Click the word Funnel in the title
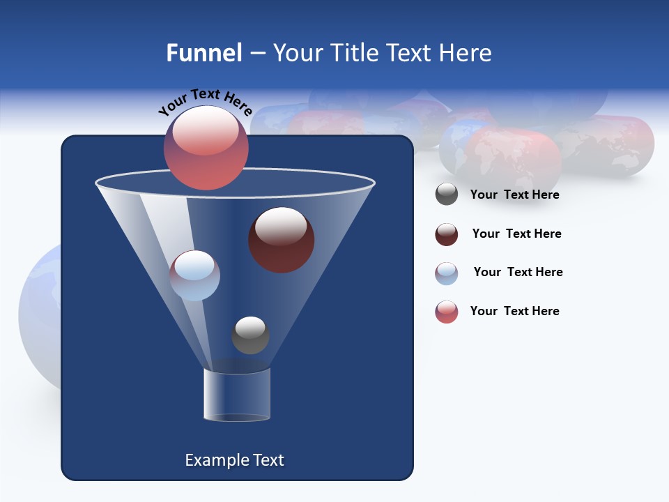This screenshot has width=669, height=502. (204, 53)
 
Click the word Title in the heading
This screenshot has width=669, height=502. (355, 53)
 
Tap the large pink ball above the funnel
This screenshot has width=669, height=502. (206, 147)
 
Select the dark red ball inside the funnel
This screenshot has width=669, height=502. (281, 239)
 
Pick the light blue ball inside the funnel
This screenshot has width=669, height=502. (194, 275)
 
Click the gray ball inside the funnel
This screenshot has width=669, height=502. (250, 335)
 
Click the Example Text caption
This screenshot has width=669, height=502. (234, 460)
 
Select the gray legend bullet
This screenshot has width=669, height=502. (447, 195)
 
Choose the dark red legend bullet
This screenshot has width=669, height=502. (447, 234)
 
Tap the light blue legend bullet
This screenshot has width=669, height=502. (447, 273)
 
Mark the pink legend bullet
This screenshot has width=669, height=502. (447, 312)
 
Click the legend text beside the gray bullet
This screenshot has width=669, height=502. (514, 195)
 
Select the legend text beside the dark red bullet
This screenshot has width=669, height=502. (516, 234)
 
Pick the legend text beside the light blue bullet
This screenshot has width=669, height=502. (518, 272)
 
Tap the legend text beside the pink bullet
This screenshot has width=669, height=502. (514, 311)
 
